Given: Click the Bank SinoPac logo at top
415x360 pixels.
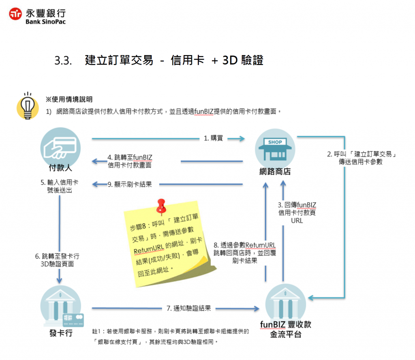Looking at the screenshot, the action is pos(37,16).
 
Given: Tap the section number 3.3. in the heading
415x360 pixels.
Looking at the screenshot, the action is pos(63,61).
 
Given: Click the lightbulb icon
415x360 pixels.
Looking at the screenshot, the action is pos(28,106).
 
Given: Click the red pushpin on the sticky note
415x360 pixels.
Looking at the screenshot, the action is pos(162,206).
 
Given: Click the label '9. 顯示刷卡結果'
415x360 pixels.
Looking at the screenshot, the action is pos(130,184).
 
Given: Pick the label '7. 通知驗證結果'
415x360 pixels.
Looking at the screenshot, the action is pos(189,309).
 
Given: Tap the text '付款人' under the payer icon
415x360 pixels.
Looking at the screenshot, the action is pos(60,168).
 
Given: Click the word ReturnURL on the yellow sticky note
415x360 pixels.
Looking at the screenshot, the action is pos(148,251).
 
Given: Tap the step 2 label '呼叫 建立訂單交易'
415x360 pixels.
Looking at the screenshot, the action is pos(361,158).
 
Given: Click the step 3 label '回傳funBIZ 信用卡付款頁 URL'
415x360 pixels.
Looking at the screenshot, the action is pos(297,212).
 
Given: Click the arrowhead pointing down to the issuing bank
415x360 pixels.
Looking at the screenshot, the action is pos(60,280).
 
